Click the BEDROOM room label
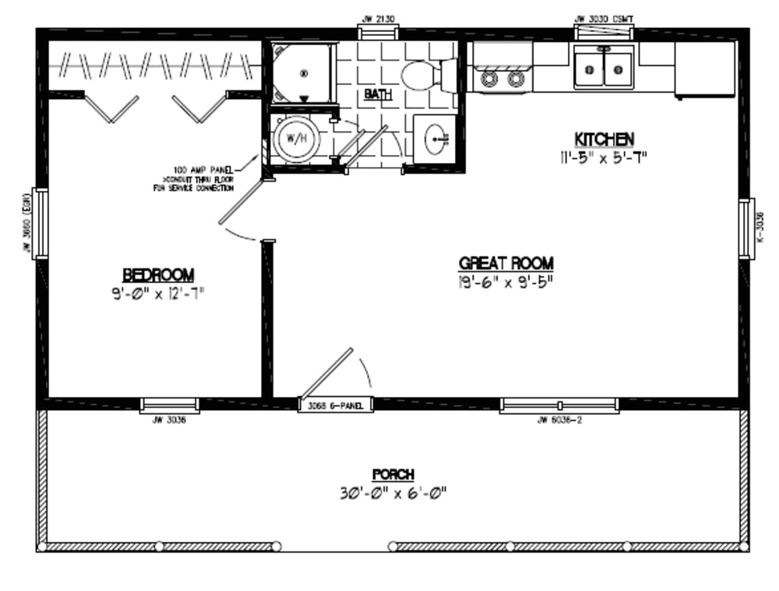(157, 274)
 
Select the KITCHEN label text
(604, 139)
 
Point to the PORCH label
(393, 474)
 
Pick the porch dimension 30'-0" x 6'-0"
(393, 493)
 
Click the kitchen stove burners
(502, 79)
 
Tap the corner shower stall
(302, 73)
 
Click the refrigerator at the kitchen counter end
(704, 70)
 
